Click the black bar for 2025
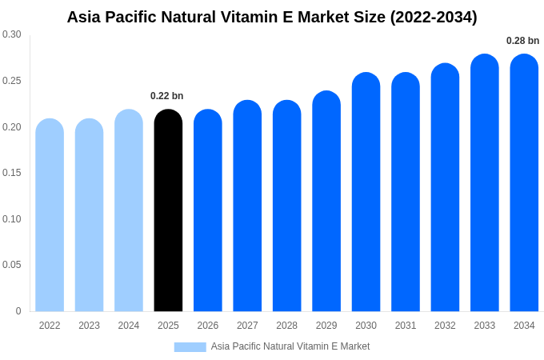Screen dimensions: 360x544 pos(168,212)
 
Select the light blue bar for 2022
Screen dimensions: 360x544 pos(50,216)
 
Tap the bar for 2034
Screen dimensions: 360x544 pos(524,184)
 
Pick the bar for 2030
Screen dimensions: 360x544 pos(366,192)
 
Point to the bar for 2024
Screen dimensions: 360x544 pos(129,212)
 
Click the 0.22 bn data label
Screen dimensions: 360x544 pos(166,96)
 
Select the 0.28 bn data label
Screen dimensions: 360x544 pos(522,41)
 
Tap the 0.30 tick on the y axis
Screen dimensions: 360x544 pos(12,34)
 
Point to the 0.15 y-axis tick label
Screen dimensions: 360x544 pos(12,173)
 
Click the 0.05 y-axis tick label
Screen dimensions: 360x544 pos(12,265)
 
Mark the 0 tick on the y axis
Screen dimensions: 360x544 pos(18,311)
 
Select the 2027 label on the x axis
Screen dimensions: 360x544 pos(247,326)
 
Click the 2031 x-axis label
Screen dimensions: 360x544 pos(406,326)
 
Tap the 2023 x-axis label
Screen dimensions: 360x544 pos(89,326)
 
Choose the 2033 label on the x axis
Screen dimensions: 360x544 pos(484,326)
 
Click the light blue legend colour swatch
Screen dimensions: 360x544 pos(190,346)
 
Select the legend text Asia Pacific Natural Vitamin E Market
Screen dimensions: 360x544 pos(290,346)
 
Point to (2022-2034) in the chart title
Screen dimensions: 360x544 pos(433,17)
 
